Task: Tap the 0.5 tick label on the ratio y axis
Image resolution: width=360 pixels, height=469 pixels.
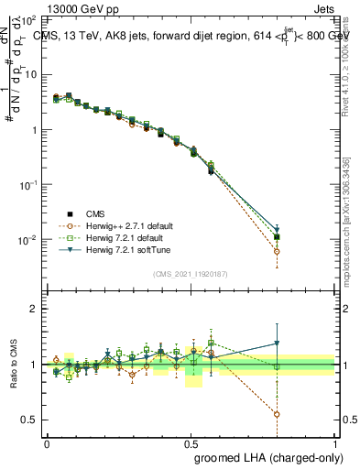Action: pyautogui.click(x=28, y=420)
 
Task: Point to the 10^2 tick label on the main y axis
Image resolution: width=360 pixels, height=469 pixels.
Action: pyautogui.click(x=27, y=19)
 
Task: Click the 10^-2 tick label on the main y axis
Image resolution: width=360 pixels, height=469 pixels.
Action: pyautogui.click(x=27, y=240)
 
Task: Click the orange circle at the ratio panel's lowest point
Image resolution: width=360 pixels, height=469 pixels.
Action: pyautogui.click(x=277, y=414)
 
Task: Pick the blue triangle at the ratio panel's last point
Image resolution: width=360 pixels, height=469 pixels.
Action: pyautogui.click(x=277, y=344)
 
